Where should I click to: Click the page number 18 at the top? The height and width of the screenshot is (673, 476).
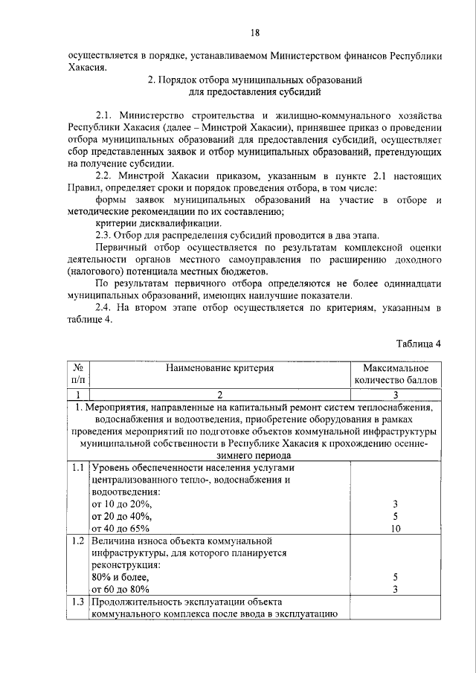point(254,33)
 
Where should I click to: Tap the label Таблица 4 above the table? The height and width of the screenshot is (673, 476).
point(419,343)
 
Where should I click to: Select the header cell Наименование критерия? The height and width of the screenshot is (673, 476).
point(220,368)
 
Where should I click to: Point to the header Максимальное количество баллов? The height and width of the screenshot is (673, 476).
point(396,374)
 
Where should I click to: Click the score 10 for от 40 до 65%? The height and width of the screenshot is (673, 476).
point(396,529)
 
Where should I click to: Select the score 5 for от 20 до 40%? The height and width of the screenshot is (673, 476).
point(396,516)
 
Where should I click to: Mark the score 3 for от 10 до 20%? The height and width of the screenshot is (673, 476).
point(396,504)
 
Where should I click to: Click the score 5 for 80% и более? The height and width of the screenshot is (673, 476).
point(396,577)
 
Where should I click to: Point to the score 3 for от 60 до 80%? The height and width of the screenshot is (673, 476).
point(396,589)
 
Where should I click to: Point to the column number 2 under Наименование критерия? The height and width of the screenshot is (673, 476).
point(220,394)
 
